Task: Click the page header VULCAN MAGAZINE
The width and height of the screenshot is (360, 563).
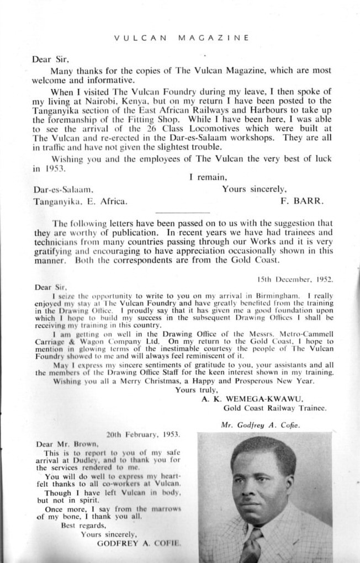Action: click(182, 38)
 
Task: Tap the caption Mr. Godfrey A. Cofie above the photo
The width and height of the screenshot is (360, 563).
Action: click(260, 425)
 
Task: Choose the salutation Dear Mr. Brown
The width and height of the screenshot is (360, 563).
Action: click(66, 443)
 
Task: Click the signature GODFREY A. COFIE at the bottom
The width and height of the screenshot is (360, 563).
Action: click(139, 543)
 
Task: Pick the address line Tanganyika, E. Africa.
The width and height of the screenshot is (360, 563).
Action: click(80, 201)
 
